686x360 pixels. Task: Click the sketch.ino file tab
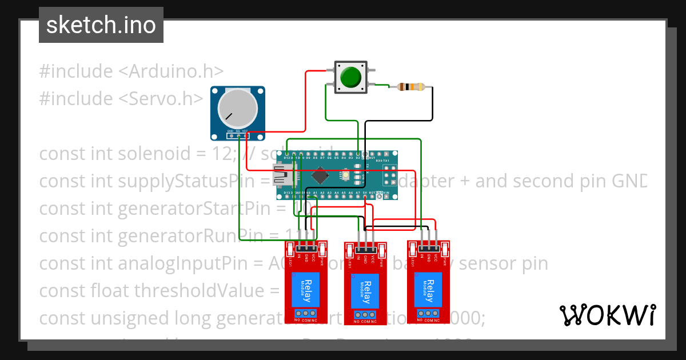pos(101,25)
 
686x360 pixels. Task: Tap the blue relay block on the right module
pos(428,287)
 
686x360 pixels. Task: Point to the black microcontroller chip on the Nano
pos(320,174)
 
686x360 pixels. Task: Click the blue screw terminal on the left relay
pos(306,313)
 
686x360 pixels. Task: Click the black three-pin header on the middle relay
pos(366,249)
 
